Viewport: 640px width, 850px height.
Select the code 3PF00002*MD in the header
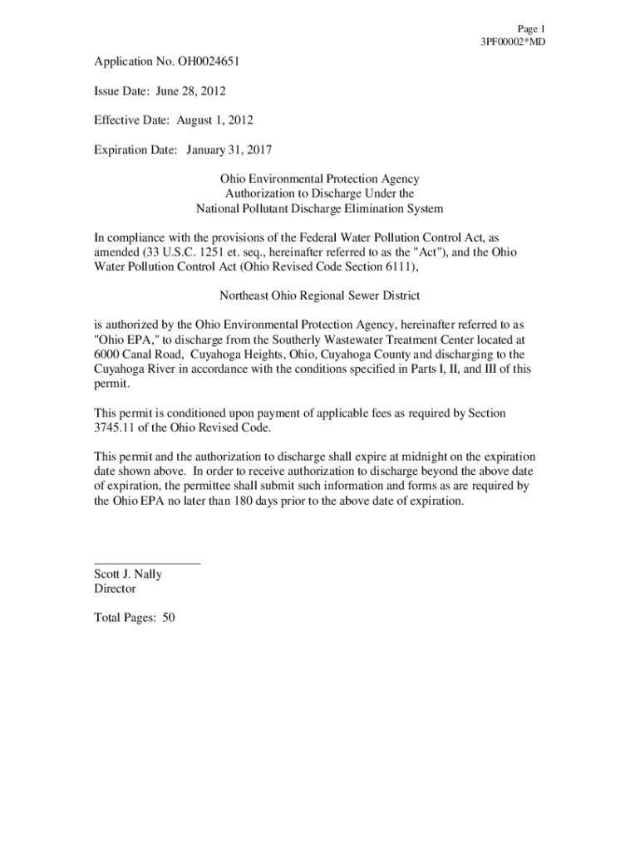513,42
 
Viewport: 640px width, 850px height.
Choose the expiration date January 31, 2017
229,150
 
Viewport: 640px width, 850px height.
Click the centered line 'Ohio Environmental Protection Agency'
319,179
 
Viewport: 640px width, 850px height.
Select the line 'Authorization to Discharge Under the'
319,193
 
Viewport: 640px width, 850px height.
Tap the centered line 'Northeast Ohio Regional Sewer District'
319,296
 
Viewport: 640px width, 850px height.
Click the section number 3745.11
117,427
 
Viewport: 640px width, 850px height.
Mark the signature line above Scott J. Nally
147,564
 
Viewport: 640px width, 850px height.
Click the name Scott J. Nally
129,574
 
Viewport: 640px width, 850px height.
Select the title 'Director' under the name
116,589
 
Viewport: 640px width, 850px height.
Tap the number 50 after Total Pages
169,618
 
